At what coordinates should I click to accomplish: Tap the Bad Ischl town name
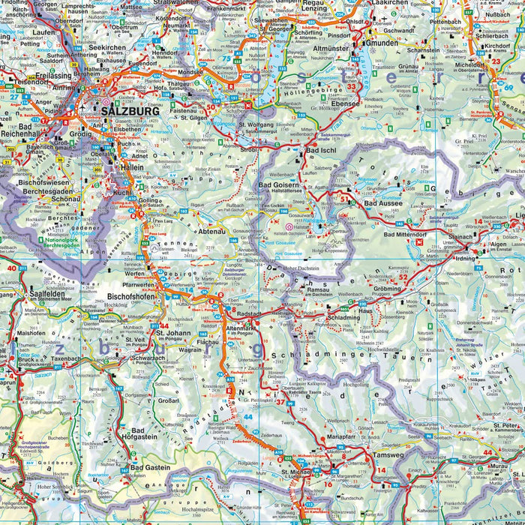point(323,151)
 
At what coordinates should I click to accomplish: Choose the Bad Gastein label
point(150,468)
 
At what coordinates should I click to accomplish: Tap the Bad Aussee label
point(382,203)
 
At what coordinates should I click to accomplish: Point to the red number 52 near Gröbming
point(403,277)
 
